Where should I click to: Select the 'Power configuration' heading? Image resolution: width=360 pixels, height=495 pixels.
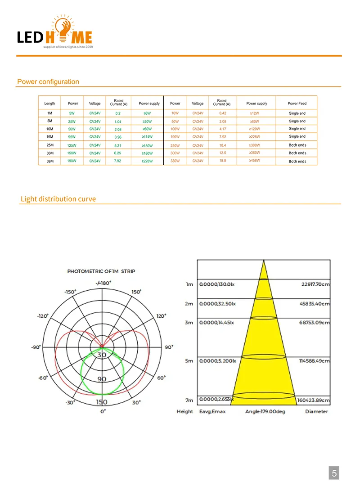click(x=48, y=82)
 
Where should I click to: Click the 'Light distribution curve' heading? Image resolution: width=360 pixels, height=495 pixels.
click(x=58, y=199)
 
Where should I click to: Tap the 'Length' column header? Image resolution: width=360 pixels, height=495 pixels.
click(x=49, y=103)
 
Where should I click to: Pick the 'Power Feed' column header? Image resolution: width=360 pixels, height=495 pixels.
click(x=297, y=103)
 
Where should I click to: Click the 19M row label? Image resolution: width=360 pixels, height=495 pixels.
click(x=49, y=136)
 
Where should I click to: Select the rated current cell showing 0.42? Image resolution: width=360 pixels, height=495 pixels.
click(x=222, y=113)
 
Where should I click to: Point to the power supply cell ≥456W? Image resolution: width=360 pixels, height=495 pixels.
click(x=254, y=161)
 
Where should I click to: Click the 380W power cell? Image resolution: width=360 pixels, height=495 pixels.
click(x=175, y=161)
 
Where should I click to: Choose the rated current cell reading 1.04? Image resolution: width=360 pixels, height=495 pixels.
click(x=118, y=121)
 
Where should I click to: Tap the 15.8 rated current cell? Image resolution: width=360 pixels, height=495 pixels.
click(x=222, y=161)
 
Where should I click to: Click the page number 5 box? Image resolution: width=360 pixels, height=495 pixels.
click(x=334, y=473)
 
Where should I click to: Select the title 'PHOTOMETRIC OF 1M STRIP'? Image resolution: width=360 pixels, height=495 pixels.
click(x=101, y=271)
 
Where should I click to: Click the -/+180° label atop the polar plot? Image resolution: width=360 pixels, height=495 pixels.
click(x=103, y=283)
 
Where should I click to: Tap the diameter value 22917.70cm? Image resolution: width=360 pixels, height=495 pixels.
click(x=315, y=284)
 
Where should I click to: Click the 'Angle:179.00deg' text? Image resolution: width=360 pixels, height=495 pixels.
click(x=265, y=411)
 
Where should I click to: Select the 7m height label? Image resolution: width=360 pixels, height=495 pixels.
click(x=189, y=400)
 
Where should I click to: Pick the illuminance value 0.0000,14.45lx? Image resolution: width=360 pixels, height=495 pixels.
click(x=218, y=323)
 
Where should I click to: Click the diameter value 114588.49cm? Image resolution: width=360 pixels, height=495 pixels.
click(x=313, y=361)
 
